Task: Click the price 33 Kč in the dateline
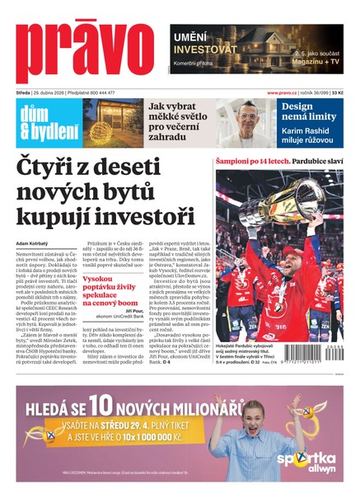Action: tap(337, 93)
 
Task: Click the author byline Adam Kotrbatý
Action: tap(34, 243)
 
